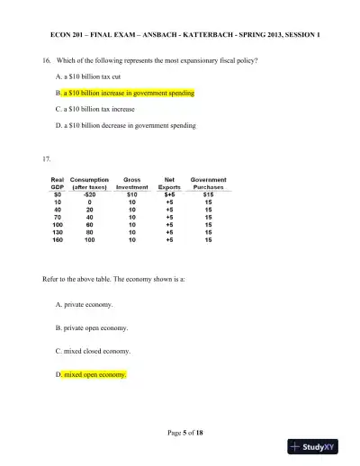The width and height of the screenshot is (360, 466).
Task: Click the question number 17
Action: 48,158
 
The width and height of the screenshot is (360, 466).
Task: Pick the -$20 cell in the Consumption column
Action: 89,193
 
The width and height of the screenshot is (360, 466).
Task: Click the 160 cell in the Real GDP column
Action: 57,240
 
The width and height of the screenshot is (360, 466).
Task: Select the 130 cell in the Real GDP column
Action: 57,232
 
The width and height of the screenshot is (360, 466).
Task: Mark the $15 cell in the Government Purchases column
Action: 209,193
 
